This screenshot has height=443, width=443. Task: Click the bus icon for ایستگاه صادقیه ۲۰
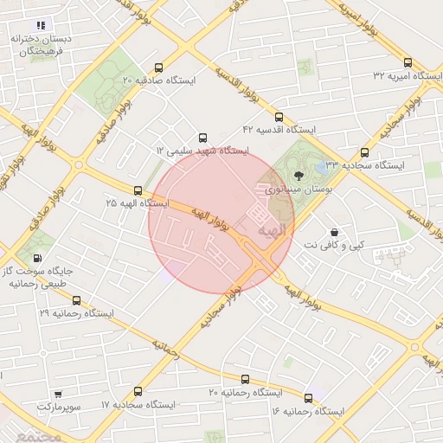click(157, 67)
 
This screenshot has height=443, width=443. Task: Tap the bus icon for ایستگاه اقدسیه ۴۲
click(278, 117)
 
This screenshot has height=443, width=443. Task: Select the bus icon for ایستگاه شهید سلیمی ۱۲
click(202, 138)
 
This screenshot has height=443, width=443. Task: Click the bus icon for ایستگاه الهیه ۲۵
click(138, 189)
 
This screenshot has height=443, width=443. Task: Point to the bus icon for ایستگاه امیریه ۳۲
click(408, 63)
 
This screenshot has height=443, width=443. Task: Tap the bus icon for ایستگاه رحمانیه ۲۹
click(76, 300)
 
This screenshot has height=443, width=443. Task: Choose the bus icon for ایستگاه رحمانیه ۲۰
click(245, 379)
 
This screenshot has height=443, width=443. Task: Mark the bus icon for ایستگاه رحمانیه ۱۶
click(308, 398)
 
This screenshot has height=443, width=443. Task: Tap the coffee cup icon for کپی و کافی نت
click(334, 232)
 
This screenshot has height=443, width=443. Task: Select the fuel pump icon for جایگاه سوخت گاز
click(36, 257)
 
